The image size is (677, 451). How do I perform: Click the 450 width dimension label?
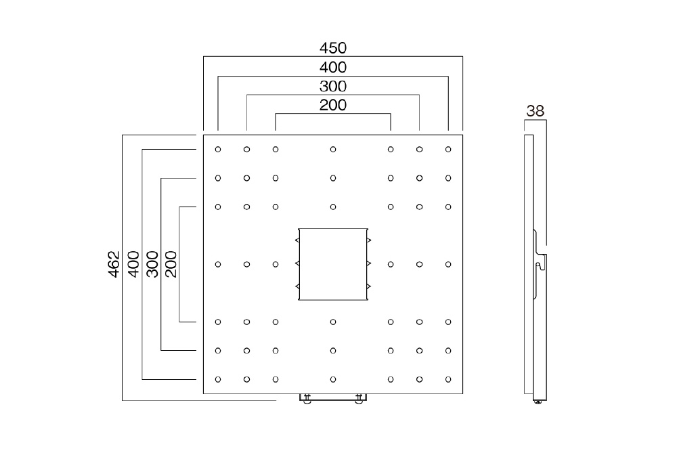(333, 47)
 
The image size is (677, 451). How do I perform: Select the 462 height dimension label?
(114, 264)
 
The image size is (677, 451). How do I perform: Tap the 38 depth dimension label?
(536, 111)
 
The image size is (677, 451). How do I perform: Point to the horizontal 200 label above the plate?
(333, 105)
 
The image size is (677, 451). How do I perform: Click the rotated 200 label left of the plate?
(171, 264)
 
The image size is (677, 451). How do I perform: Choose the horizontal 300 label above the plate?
(333, 87)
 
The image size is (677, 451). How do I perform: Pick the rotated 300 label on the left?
(152, 264)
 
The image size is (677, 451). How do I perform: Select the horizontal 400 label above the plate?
(333, 67)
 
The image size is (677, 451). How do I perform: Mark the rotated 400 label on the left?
(133, 264)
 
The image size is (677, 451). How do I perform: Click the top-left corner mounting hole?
(218, 150)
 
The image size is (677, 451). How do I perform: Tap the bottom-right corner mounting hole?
(448, 379)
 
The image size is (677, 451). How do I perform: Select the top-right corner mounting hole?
(448, 150)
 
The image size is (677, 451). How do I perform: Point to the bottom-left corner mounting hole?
(218, 379)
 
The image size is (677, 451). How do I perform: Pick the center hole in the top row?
(333, 150)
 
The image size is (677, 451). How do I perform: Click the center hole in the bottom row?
(333, 379)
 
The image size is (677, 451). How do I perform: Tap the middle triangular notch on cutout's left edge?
(297, 263)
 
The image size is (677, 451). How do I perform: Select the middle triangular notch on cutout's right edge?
(369, 263)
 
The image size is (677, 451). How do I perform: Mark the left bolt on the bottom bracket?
(307, 399)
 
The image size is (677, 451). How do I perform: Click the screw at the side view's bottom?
(538, 402)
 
